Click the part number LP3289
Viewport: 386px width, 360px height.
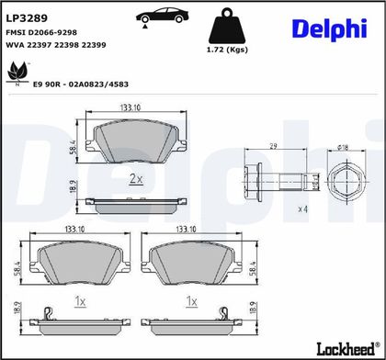pyautogui.click(x=27, y=18)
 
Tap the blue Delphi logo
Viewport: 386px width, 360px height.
pyautogui.click(x=330, y=29)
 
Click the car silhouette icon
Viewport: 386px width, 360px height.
pyautogui.click(x=163, y=16)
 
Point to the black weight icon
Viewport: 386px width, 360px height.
pyautogui.click(x=227, y=26)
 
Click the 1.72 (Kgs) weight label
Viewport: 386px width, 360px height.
pyautogui.click(x=227, y=50)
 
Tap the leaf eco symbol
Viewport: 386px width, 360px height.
pyautogui.click(x=17, y=73)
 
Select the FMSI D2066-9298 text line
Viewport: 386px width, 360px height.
pyautogui.click(x=41, y=32)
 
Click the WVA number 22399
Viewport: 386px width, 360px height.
pyautogui.click(x=94, y=45)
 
